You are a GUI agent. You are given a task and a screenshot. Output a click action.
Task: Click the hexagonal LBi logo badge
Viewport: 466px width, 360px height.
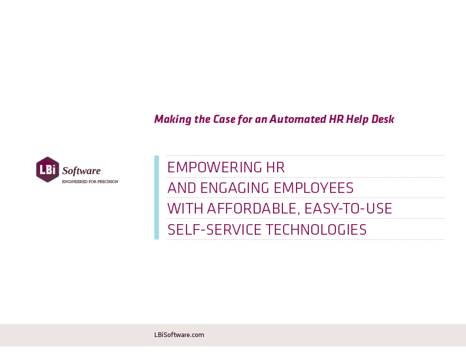click(48, 169)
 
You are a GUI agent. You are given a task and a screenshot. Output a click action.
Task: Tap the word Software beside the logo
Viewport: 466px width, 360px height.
click(81, 171)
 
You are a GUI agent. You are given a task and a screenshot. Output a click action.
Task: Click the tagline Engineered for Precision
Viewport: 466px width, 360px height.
click(90, 182)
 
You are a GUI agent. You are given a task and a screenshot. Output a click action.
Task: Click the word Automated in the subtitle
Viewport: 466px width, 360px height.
click(298, 119)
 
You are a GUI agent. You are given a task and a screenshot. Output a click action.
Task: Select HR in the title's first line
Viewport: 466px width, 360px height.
click(275, 167)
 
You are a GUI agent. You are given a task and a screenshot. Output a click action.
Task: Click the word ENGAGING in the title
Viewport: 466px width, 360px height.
click(235, 188)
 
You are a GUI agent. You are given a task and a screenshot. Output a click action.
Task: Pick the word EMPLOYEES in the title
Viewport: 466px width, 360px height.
click(314, 188)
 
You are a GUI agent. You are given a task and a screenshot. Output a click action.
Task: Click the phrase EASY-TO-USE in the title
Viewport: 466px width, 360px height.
click(348, 208)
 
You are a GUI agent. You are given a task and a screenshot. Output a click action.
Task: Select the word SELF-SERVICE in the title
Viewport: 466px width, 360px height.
click(214, 229)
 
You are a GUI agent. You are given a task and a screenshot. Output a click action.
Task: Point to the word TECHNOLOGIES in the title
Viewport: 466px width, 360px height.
click(316, 229)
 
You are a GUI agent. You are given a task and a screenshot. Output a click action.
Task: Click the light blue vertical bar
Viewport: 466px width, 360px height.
click(157, 197)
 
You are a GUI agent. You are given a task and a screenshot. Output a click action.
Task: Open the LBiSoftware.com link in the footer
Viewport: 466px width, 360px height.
click(179, 335)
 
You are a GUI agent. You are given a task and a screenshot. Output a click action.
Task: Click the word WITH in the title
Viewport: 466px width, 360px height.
click(185, 208)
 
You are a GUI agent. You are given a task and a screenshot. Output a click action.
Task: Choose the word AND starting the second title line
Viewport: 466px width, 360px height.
click(182, 188)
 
